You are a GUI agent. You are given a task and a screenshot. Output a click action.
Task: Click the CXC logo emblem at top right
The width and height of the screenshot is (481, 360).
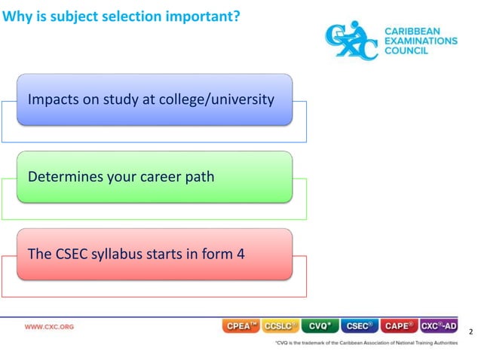click(351, 40)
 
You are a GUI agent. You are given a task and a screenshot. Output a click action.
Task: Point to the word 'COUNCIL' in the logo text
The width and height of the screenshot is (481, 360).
click(408, 51)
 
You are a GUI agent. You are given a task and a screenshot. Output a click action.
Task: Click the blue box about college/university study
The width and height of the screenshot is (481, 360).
click(155, 99)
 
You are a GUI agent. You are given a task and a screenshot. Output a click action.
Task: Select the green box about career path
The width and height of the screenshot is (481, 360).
click(155, 177)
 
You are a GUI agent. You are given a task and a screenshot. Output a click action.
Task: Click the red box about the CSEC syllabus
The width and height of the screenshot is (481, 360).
click(155, 254)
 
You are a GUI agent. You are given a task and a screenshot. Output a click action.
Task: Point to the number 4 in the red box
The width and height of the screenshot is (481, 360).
click(240, 254)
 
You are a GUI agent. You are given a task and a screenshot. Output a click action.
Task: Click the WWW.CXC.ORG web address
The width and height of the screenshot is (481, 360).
click(50, 327)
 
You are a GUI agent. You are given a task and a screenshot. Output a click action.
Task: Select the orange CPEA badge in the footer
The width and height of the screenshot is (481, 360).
click(241, 326)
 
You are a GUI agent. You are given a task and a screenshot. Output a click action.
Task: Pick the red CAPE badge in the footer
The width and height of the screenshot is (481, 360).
click(399, 326)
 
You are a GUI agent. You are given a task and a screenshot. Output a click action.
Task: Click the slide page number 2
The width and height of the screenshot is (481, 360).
click(471, 332)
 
